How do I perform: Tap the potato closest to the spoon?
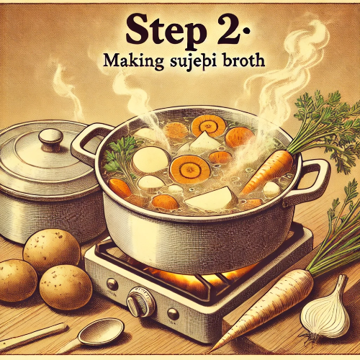point(65,287)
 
